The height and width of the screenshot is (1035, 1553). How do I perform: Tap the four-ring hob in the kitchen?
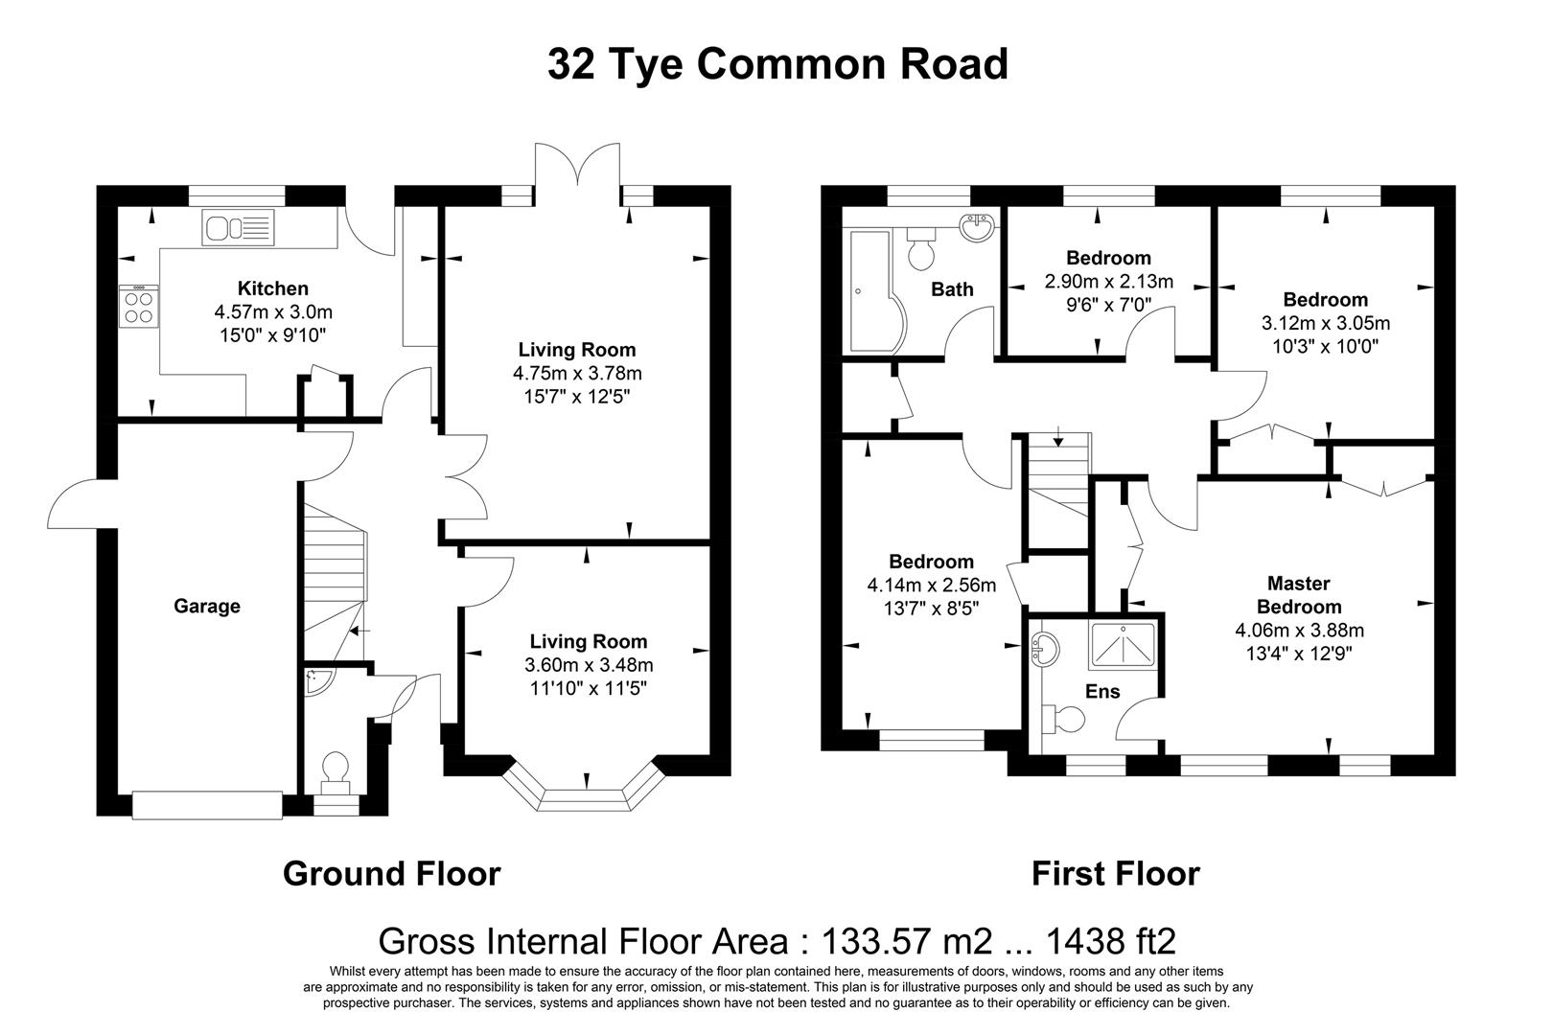pyautogui.click(x=138, y=306)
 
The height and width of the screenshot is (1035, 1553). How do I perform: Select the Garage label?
pyautogui.click(x=207, y=606)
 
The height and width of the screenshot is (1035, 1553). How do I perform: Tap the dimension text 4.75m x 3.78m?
pyautogui.click(x=577, y=373)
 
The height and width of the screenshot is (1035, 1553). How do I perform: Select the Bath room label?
pyautogui.click(x=952, y=288)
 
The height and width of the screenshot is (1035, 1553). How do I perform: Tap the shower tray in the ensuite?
pyautogui.click(x=1122, y=646)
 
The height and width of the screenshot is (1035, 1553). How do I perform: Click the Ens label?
pyautogui.click(x=1102, y=691)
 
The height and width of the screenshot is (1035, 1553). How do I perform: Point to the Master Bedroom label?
pyautogui.click(x=1299, y=594)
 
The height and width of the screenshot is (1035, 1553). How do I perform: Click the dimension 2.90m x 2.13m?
pyautogui.click(x=1108, y=282)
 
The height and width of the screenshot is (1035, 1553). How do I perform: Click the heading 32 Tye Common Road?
pyautogui.click(x=777, y=64)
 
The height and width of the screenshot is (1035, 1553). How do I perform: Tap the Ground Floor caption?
pyautogui.click(x=391, y=873)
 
